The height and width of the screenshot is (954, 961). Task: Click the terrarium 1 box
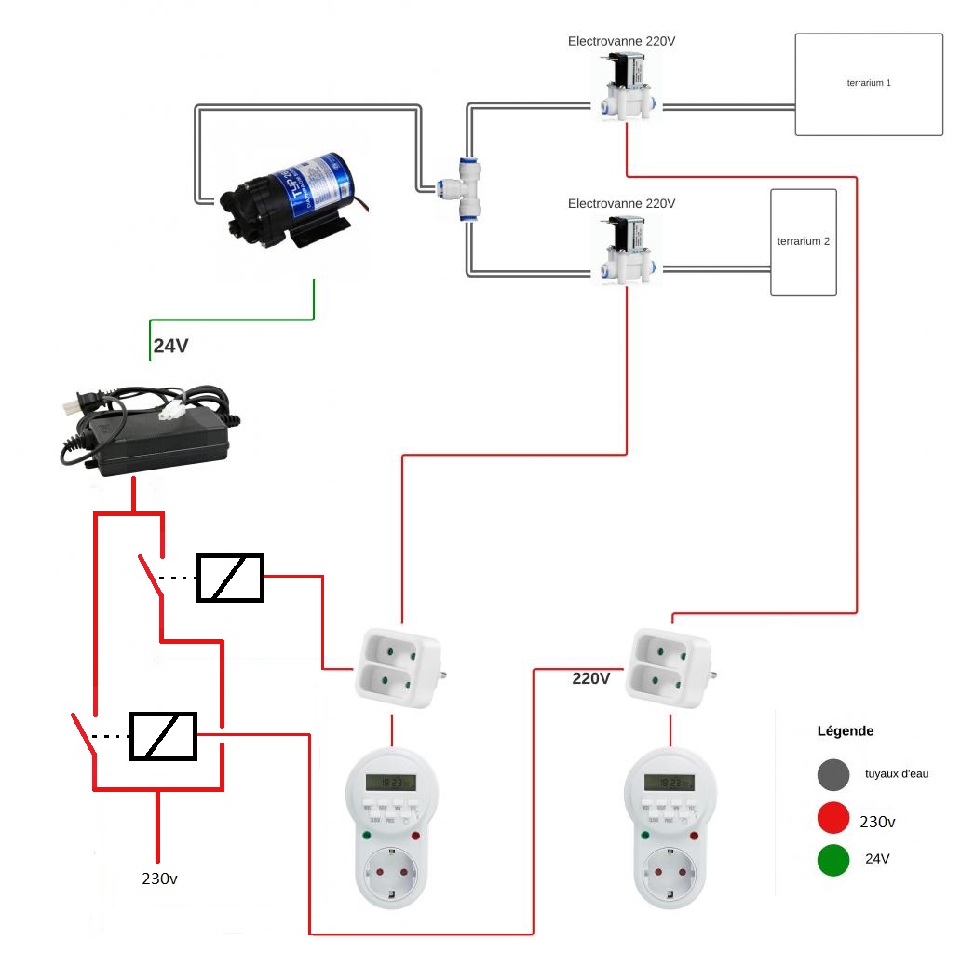pos(868,84)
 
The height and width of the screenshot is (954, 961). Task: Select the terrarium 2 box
pos(804,242)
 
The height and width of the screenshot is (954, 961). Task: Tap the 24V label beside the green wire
pos(170,346)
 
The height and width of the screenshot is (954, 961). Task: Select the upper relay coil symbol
pos(229,578)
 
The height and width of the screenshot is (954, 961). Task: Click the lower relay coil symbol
pos(163,736)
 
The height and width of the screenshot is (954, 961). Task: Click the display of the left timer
pos(390,784)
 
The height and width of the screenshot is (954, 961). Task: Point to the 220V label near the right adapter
pos(590,678)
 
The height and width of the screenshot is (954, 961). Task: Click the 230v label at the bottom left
pos(160,878)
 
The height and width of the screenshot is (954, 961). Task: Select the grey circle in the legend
pos(833,774)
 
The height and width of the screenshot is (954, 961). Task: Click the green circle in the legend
pos(833,860)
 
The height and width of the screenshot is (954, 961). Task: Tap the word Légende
pos(845,731)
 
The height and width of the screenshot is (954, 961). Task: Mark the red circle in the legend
pos(833,818)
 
